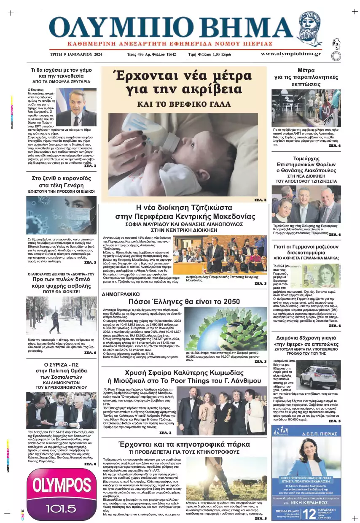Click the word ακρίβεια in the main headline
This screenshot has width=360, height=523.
pos(207,89)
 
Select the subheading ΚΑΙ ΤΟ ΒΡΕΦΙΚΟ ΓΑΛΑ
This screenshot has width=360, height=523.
pos(184,104)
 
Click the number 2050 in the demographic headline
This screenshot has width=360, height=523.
pos(231,302)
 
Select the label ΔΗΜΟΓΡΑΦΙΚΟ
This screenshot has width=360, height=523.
pos(121,295)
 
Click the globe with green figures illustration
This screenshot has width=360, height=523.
pos(226,329)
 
